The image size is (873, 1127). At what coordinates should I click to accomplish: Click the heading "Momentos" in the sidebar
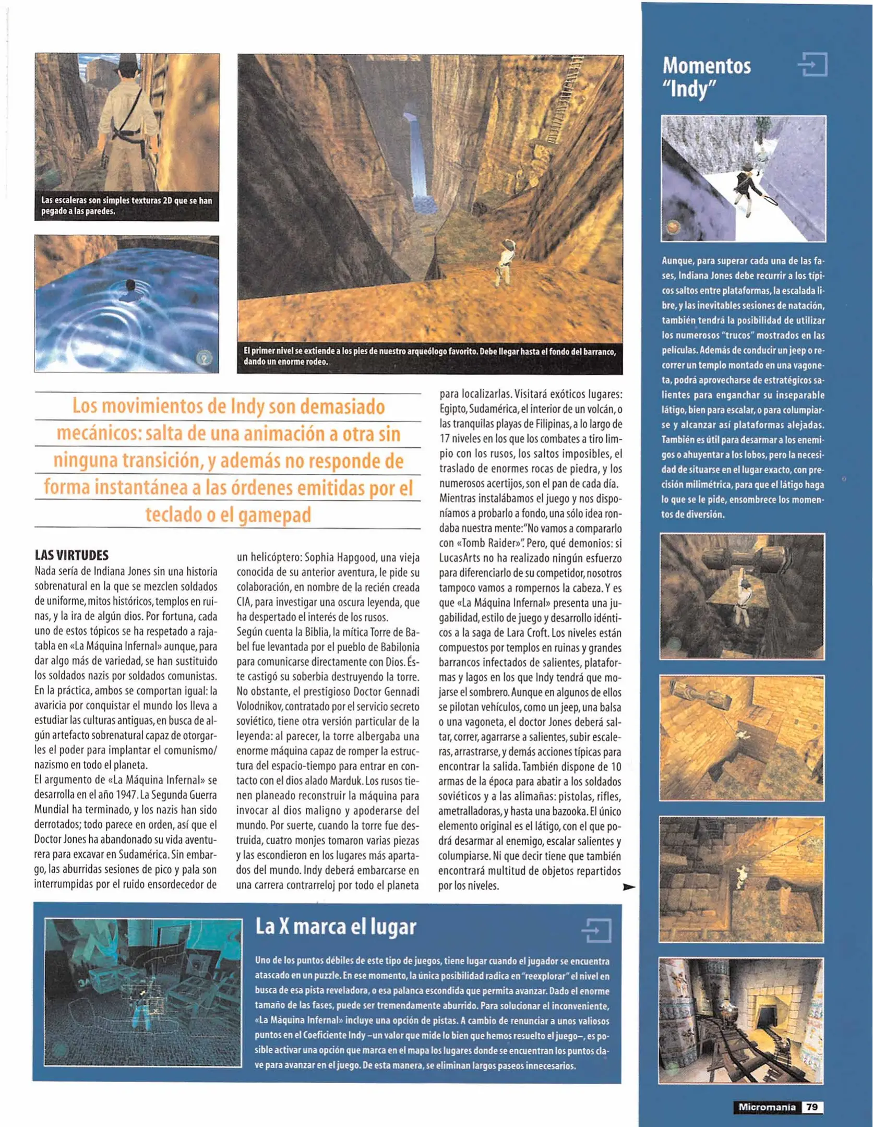706,66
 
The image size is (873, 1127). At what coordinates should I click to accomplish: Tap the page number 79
811,1107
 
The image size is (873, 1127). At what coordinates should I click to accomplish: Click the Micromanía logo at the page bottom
767,1107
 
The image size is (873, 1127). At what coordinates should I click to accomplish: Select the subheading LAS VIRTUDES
71,555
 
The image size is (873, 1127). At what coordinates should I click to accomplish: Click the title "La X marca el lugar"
336,927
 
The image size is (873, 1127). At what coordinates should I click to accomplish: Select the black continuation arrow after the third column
629,886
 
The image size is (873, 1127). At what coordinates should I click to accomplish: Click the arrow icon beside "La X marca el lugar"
596,930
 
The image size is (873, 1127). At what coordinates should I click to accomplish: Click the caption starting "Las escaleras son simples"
126,206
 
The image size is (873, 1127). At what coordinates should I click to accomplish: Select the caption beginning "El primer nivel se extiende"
429,356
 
